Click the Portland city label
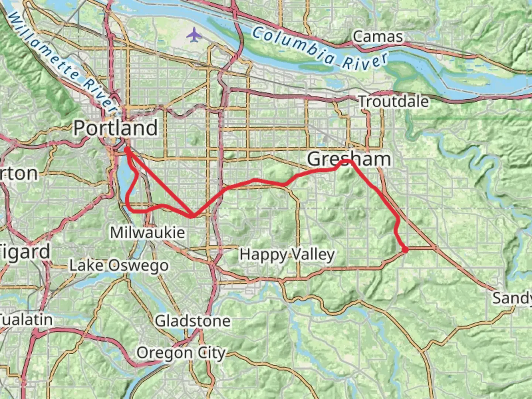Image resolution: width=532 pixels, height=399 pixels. click(x=116, y=128)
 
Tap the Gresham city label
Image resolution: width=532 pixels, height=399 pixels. click(x=349, y=159)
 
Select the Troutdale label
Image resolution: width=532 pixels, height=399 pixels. click(x=393, y=102)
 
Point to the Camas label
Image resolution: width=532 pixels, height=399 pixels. click(x=378, y=37)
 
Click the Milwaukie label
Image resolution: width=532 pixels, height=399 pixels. click(x=147, y=232)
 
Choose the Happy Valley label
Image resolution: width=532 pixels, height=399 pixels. click(x=287, y=255)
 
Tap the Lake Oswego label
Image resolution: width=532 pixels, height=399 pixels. click(x=119, y=265)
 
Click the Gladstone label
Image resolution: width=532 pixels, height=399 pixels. click(x=192, y=321)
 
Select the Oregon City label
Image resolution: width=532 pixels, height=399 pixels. click(x=181, y=353)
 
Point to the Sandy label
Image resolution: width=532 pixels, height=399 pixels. click(x=511, y=298)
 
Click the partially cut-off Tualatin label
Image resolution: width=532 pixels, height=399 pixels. click(x=26, y=320)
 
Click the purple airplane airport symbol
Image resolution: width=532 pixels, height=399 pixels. click(x=194, y=35)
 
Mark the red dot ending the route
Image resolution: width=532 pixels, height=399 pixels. click(x=405, y=250)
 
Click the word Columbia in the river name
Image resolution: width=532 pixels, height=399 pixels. click(x=294, y=45)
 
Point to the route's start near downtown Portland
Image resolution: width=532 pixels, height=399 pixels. click(x=126, y=149)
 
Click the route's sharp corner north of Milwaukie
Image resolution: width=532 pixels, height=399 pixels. click(x=192, y=216)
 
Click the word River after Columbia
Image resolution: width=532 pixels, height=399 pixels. click(x=365, y=62)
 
